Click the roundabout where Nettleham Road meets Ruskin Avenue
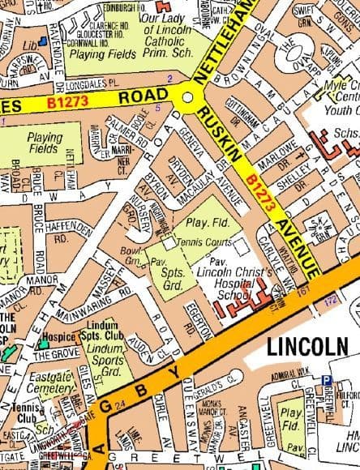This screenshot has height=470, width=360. click(x=188, y=96)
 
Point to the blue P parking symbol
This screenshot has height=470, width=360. click(x=327, y=378)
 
